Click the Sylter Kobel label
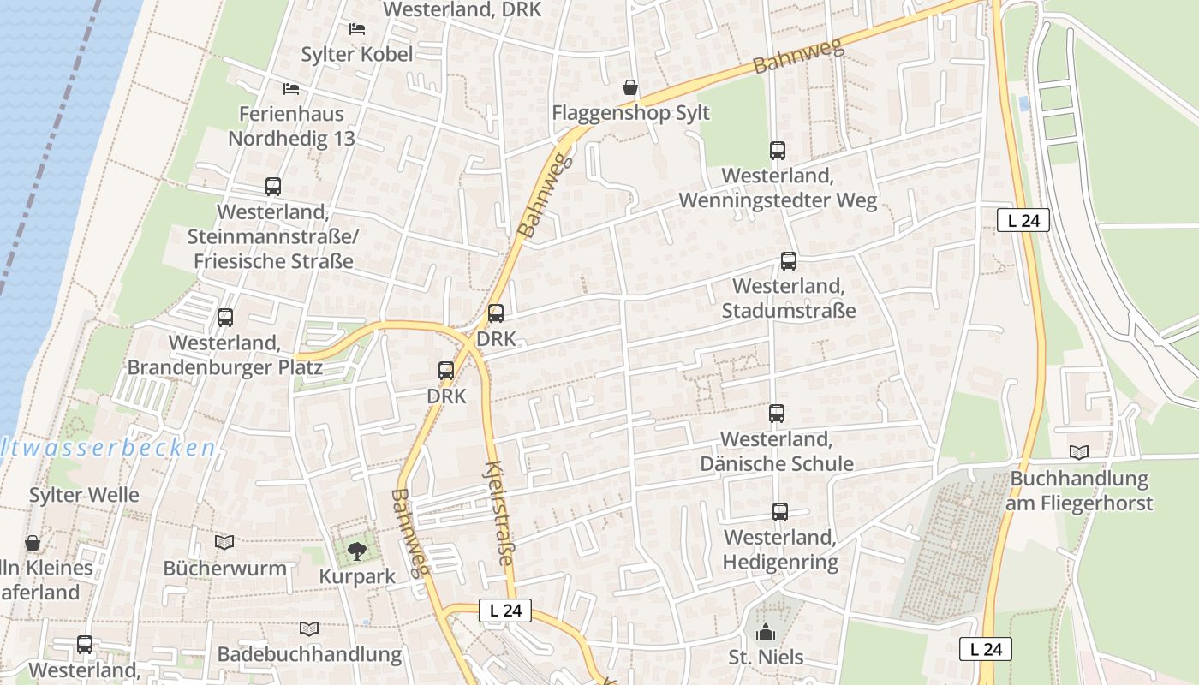(x=356, y=54)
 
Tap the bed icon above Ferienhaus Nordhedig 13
(x=291, y=89)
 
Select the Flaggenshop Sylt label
(x=630, y=113)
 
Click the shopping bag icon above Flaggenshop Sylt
(x=630, y=87)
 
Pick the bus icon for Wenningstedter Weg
(x=778, y=151)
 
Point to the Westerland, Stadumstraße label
(x=788, y=298)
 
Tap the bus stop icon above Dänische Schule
(x=777, y=414)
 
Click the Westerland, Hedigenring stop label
(x=780, y=550)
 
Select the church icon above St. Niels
(x=766, y=633)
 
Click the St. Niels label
(x=766, y=658)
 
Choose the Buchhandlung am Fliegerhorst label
(x=1078, y=491)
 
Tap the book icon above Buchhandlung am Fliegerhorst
(x=1079, y=452)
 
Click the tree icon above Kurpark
(x=357, y=551)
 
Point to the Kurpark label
(x=357, y=576)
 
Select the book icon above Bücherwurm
(x=224, y=542)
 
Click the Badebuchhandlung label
(x=309, y=654)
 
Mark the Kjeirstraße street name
(x=498, y=514)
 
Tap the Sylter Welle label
(x=84, y=495)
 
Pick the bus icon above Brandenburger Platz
(x=225, y=318)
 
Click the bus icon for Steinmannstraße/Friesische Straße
(x=273, y=187)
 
